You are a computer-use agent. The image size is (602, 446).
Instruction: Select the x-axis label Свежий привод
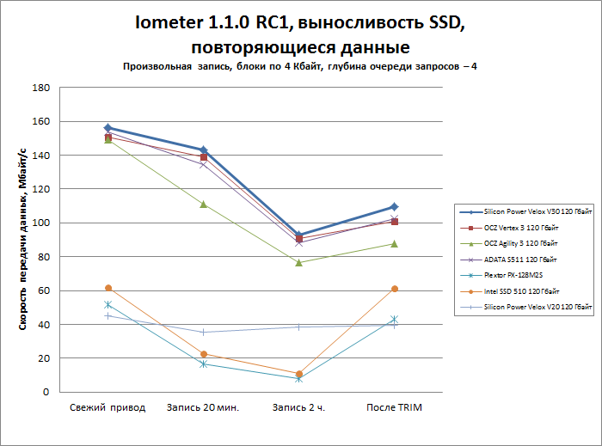tap(107, 406)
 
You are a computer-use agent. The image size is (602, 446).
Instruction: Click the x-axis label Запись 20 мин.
tap(203, 406)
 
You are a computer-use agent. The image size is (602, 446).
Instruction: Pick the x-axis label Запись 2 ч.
tap(298, 406)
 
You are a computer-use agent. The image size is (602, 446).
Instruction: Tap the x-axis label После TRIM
tap(394, 406)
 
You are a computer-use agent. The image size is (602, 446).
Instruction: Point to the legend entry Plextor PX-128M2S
tap(508, 275)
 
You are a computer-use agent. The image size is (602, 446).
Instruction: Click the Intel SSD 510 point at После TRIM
tap(394, 289)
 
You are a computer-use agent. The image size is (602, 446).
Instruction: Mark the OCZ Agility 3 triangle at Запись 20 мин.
tap(203, 205)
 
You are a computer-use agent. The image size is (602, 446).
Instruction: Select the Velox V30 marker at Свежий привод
tap(107, 127)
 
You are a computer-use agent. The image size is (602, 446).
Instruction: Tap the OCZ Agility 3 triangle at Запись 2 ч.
tap(298, 262)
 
